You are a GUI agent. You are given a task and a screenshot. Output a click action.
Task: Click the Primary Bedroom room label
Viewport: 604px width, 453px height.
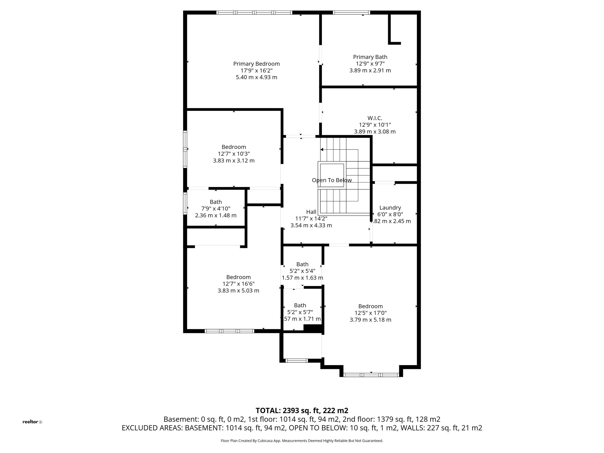tap(256, 64)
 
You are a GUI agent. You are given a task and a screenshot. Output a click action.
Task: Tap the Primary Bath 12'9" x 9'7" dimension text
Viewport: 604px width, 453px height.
tap(370, 64)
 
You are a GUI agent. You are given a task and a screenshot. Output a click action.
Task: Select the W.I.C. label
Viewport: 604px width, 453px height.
tap(375, 118)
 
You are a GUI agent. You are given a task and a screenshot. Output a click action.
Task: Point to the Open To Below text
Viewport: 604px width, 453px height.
tap(331, 180)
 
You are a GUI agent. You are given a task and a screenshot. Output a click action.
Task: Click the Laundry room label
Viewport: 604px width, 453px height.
tap(390, 208)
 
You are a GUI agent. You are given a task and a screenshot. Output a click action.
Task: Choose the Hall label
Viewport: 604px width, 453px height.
tap(311, 212)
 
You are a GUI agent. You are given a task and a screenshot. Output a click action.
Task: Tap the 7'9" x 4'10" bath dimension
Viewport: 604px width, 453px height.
tap(216, 209)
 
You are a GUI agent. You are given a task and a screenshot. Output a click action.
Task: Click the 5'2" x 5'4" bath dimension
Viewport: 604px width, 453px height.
tap(302, 271)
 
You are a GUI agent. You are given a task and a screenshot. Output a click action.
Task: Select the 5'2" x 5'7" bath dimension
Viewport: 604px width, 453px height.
tap(300, 312)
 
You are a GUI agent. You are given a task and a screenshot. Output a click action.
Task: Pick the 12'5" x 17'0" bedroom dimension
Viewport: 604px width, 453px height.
tap(370, 313)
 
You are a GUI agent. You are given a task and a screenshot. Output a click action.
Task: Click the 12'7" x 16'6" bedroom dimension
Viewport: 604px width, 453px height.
tap(238, 284)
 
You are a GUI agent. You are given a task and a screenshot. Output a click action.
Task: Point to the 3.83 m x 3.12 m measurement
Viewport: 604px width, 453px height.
tap(234, 161)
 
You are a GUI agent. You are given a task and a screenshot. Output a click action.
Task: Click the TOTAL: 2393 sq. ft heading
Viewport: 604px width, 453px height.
tap(301, 411)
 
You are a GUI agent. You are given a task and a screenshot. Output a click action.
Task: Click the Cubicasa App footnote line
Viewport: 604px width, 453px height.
tap(302, 441)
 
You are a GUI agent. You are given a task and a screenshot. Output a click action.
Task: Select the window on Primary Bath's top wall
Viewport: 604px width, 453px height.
tap(351, 13)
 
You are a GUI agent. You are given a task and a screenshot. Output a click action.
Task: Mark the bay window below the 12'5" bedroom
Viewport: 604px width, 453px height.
tap(371, 375)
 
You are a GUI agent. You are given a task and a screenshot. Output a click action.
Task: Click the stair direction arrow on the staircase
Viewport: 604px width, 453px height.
tap(322, 150)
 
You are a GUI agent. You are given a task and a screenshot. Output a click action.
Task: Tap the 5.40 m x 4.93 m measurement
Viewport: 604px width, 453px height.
tap(256, 77)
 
